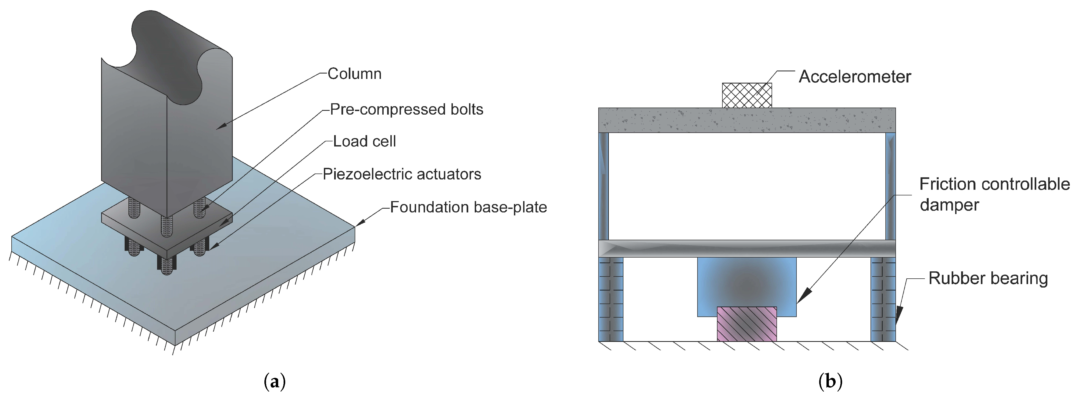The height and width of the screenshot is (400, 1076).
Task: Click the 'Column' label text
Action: pyautogui.click(x=354, y=74)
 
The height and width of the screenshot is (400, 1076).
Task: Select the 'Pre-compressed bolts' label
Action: pyautogui.click(x=406, y=109)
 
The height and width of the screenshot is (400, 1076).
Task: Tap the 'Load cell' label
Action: pyautogui.click(x=364, y=142)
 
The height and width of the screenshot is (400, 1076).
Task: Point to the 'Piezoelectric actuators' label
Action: pyautogui.click(x=402, y=174)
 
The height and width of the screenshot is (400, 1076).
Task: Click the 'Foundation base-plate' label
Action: pyautogui.click(x=468, y=207)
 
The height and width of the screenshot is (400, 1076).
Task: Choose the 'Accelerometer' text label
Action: pyautogui.click(x=855, y=77)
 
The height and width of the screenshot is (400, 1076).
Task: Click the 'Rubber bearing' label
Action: pyautogui.click(x=988, y=278)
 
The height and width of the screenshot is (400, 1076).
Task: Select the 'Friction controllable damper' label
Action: pyautogui.click(x=994, y=194)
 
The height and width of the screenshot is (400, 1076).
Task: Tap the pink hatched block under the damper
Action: pyautogui.click(x=747, y=324)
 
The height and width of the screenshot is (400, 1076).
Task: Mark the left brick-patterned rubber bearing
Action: pyautogui.click(x=611, y=299)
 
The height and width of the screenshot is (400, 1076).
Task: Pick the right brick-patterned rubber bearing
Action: pyautogui.click(x=883, y=299)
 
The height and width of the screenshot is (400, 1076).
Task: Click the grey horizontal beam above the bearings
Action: pyautogui.click(x=747, y=248)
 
